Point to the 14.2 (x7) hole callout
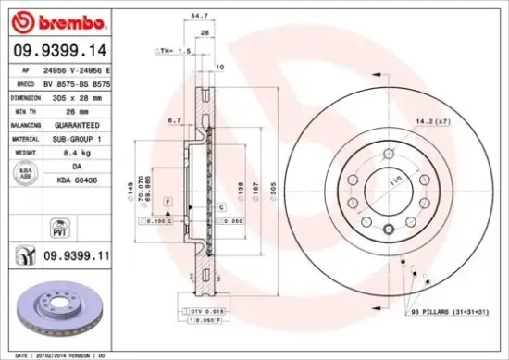pyautogui.click(x=431, y=121)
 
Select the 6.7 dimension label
pyautogui.click(x=174, y=120)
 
